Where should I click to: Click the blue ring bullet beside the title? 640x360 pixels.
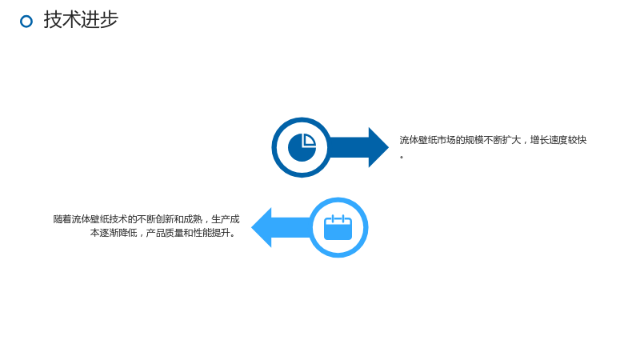pyautogui.click(x=26, y=15)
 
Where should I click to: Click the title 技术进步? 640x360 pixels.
pyautogui.click(x=81, y=19)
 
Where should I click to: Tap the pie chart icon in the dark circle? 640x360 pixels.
pyautogui.click(x=302, y=147)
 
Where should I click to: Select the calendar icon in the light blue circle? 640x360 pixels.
pyautogui.click(x=338, y=227)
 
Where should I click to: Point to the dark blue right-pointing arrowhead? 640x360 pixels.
pyautogui.click(x=378, y=147)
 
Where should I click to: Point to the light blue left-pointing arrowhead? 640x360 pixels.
pyautogui.click(x=262, y=227)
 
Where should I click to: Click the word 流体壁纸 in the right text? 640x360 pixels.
pyautogui.click(x=418, y=140)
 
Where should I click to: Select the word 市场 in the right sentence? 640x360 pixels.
pyautogui.click(x=446, y=140)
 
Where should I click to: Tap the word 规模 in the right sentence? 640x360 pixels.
pyautogui.click(x=474, y=140)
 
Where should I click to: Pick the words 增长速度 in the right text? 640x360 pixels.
pyautogui.click(x=549, y=140)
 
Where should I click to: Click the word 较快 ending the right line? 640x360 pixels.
pyautogui.click(x=577, y=140)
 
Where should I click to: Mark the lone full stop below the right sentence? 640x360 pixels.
pyautogui.click(x=402, y=157)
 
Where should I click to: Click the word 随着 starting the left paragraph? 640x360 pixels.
pyautogui.click(x=62, y=219)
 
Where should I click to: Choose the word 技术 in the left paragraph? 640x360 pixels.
pyautogui.click(x=118, y=219)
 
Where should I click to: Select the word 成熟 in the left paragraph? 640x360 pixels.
pyautogui.click(x=193, y=219)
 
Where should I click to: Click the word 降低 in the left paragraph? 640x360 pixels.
pyautogui.click(x=128, y=233)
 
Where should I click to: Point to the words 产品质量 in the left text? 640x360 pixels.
pyautogui.click(x=165, y=233)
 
